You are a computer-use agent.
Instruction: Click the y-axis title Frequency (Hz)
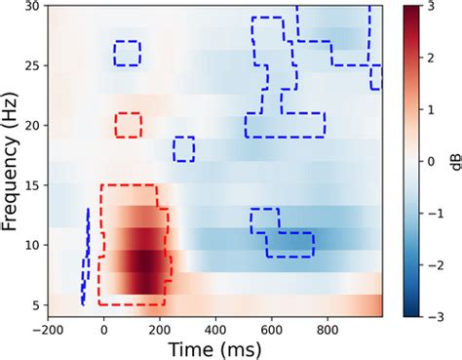click(x=14, y=155)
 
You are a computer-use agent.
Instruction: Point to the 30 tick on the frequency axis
click(x=33, y=7)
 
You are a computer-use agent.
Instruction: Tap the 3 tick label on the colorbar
click(x=420, y=7)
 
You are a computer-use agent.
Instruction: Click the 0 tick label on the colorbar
click(x=420, y=162)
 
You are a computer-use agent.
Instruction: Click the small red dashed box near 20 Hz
click(x=127, y=125)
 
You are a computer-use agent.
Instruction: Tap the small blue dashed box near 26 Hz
click(x=127, y=53)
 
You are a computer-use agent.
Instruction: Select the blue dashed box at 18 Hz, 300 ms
click(x=183, y=148)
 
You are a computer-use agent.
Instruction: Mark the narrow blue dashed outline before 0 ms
click(x=86, y=257)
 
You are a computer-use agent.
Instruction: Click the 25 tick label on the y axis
click(x=33, y=66)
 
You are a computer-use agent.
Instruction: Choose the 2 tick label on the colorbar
click(x=420, y=59)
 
